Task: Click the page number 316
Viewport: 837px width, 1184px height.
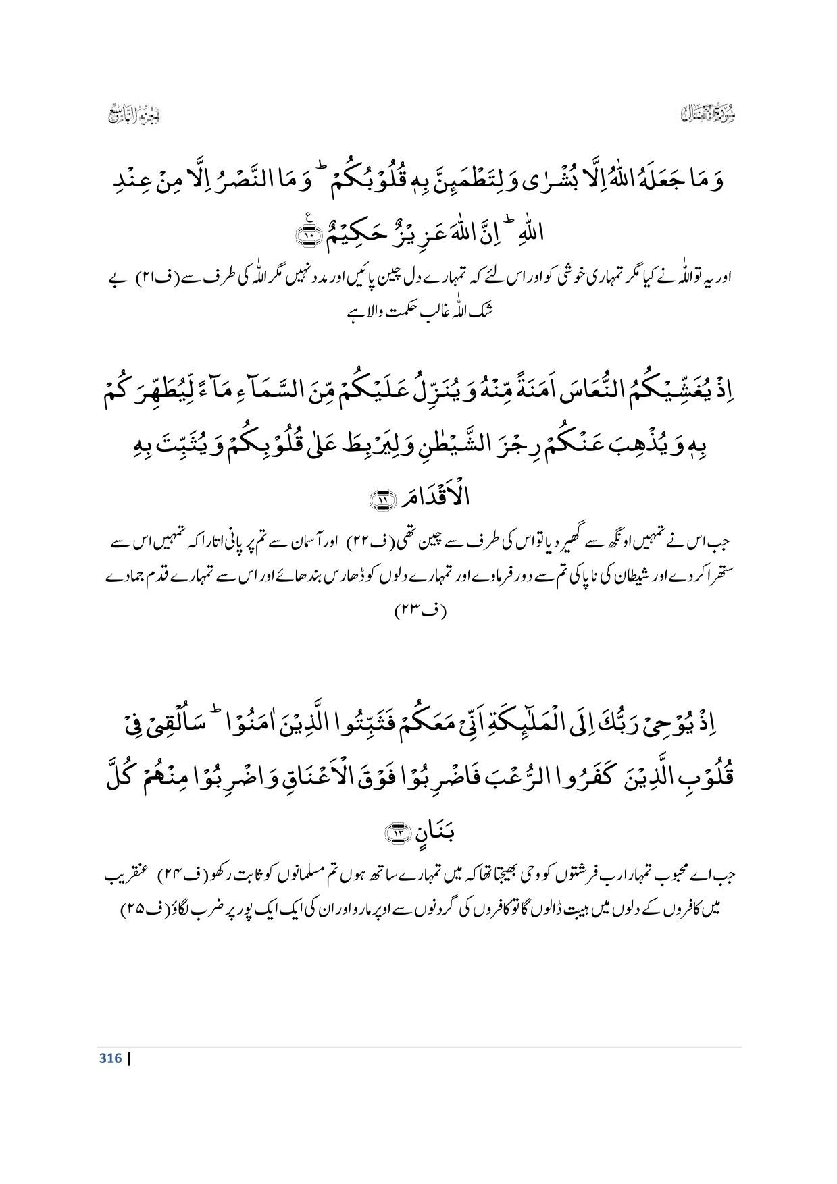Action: click(x=109, y=1058)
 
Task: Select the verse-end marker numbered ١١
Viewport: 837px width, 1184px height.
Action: click(x=380, y=500)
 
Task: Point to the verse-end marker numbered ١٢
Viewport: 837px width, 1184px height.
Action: click(x=397, y=834)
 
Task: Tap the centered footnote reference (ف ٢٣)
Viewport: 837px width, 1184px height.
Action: click(x=420, y=612)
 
